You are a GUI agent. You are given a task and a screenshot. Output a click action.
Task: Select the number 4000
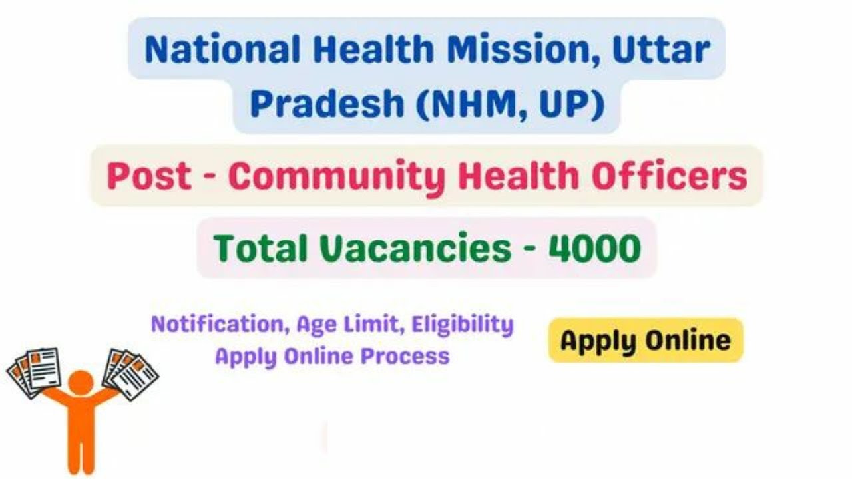pos(594,249)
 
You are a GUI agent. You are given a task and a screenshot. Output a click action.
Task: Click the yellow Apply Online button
pos(645,341)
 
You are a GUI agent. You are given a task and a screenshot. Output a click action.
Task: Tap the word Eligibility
pos(463,325)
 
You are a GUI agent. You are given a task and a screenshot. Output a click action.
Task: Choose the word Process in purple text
pos(405,356)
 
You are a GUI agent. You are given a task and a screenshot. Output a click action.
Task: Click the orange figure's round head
pos(81,383)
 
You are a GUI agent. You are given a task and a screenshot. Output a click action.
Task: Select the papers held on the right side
pos(130,372)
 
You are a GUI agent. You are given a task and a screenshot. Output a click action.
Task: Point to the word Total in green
pos(257,249)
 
